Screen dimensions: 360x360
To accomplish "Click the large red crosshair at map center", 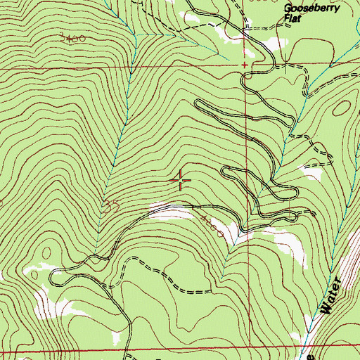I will click(x=181, y=181).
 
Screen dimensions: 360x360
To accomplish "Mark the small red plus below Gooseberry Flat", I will click(x=245, y=65).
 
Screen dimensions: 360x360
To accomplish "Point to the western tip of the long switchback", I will click(x=198, y=104).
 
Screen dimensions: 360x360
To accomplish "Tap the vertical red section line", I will click(x=247, y=141).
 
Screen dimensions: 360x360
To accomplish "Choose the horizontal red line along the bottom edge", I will click(x=176, y=349).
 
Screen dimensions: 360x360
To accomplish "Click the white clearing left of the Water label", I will click(x=288, y=246).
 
